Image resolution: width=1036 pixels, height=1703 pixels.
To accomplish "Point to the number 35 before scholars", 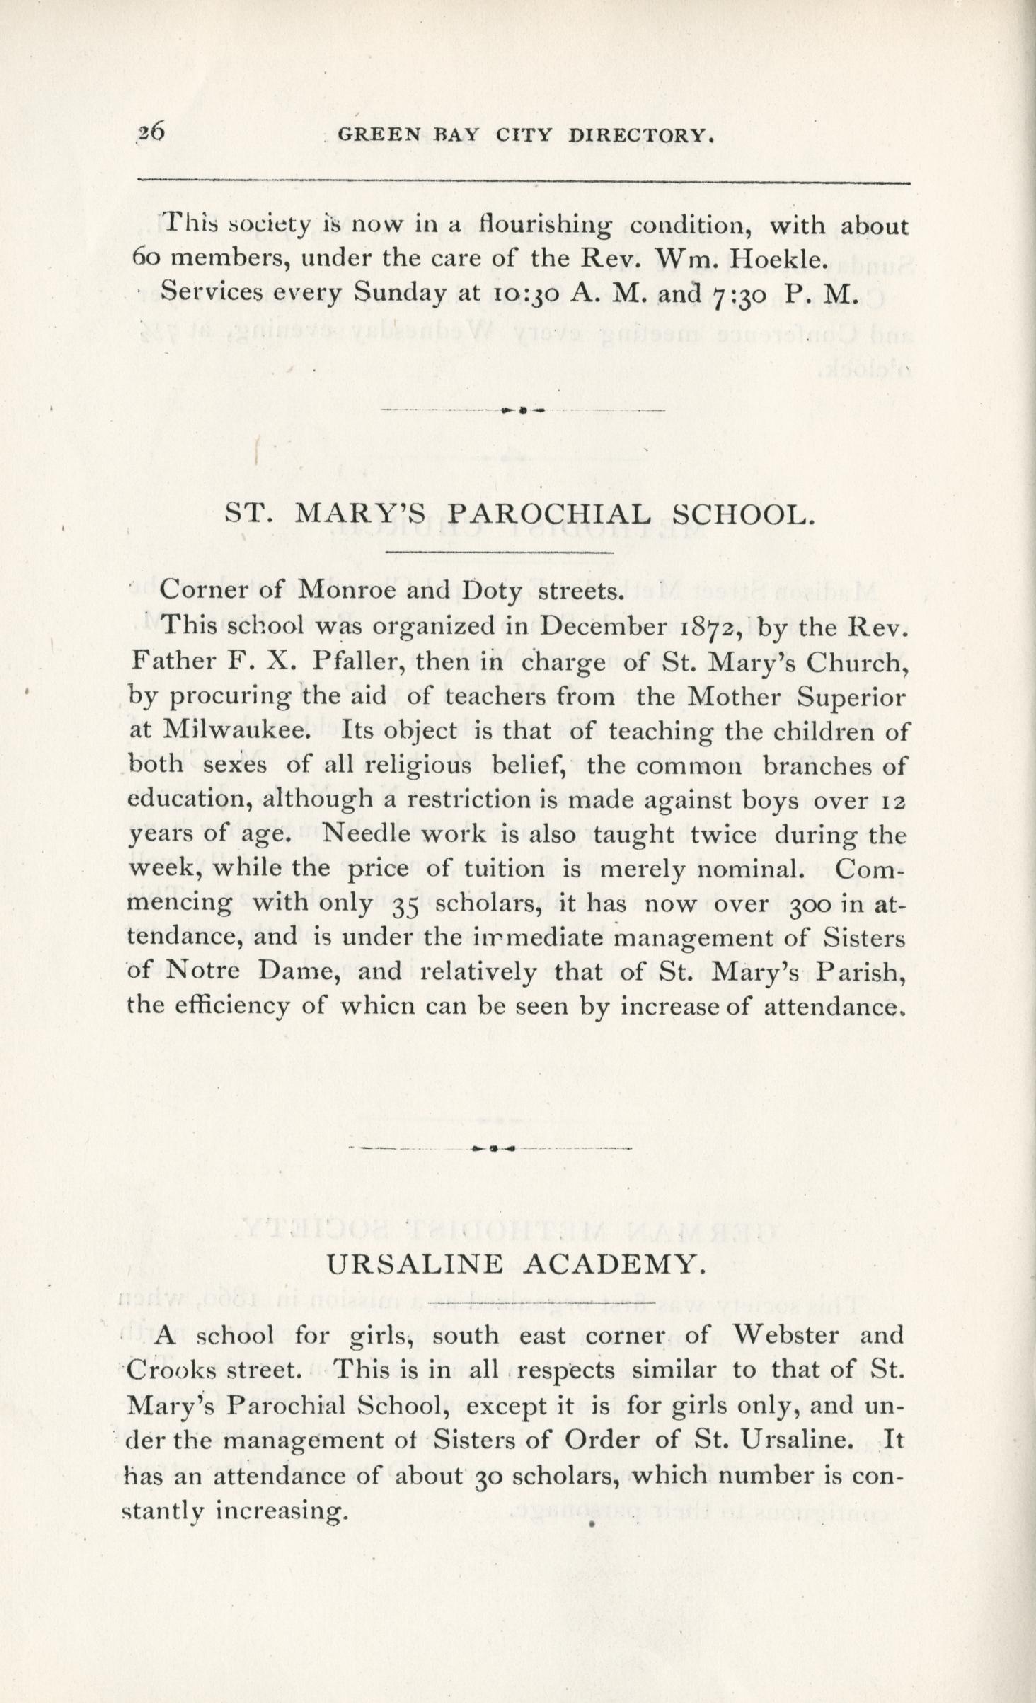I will click(x=405, y=905).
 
